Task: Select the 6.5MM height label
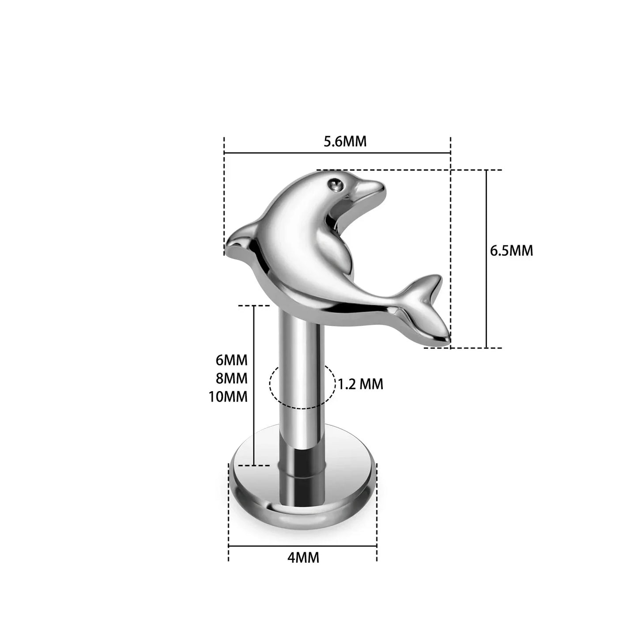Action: point(511,251)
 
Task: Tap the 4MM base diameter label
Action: point(303,558)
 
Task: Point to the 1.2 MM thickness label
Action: point(361,384)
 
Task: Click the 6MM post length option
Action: point(231,360)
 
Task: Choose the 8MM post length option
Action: point(231,378)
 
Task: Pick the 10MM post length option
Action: point(228,396)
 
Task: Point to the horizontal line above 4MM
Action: point(303,546)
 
